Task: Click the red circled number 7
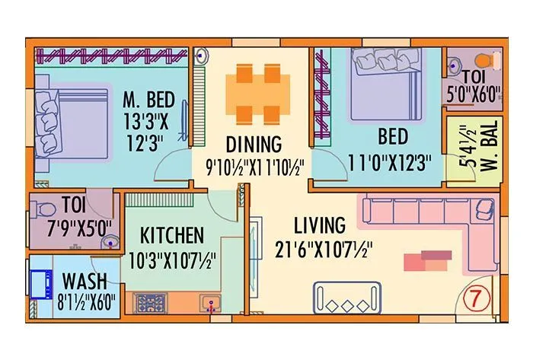476,298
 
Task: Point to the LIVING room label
319,225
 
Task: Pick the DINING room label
254,144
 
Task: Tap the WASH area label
84,280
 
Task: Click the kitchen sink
210,304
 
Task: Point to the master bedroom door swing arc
174,163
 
